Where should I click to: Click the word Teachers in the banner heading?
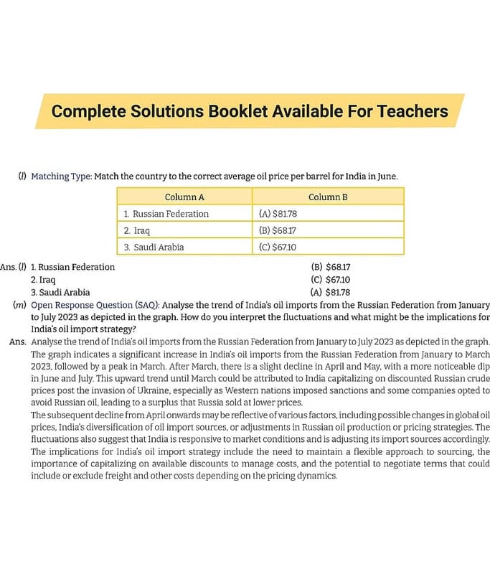pyautogui.click(x=407, y=111)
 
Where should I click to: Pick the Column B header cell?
pyautogui.click(x=328, y=197)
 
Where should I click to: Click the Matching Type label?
pyautogui.click(x=60, y=176)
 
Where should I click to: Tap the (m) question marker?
pyautogui.click(x=20, y=306)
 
